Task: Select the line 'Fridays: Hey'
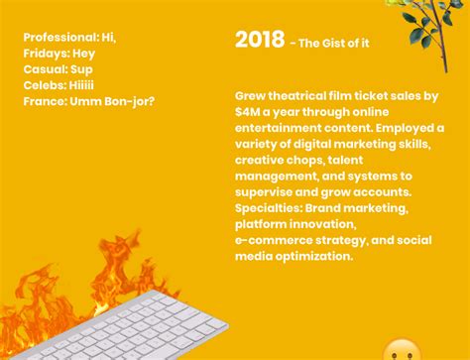(59, 54)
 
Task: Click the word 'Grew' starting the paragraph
(252, 96)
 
